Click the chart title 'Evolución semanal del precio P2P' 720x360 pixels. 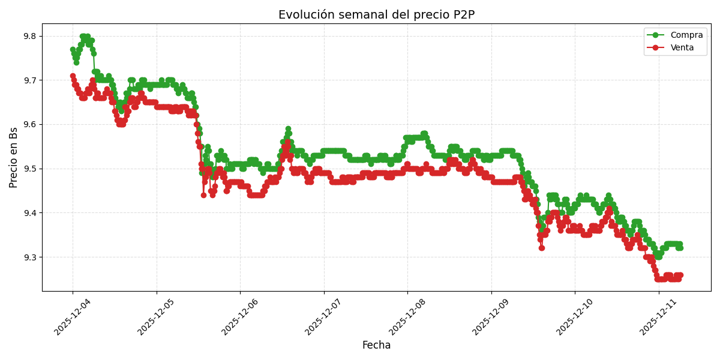[x=376, y=15]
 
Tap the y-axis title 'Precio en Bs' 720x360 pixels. [x=14, y=157]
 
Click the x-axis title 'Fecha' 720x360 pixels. [x=376, y=345]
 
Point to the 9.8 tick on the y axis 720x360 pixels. [x=30, y=36]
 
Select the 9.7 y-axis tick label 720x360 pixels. [x=30, y=80]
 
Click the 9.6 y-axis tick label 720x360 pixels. [x=30, y=124]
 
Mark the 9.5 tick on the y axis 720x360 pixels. [x=30, y=169]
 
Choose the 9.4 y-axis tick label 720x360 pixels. [x=30, y=213]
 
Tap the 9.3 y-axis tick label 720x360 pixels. [x=30, y=257]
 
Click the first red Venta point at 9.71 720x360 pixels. [x=73, y=76]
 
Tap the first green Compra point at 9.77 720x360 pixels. [x=73, y=49]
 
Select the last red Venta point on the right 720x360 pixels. [x=680, y=275]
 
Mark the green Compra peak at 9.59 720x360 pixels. [x=288, y=129]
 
